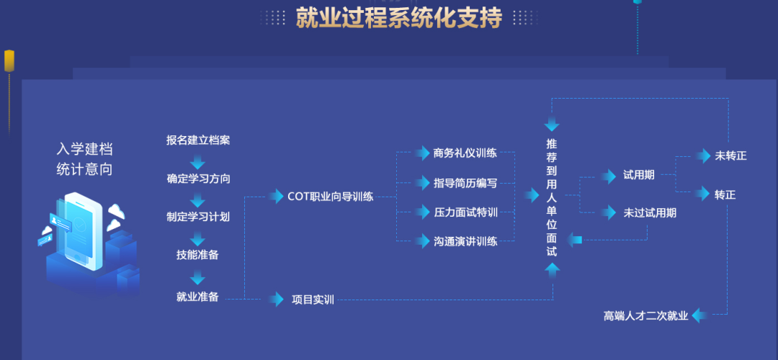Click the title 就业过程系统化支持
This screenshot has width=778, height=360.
[399, 18]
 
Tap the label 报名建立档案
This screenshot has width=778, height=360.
[198, 140]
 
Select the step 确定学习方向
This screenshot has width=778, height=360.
[198, 179]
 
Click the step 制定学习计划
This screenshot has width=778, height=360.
[198, 217]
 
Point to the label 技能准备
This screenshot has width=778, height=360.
[197, 255]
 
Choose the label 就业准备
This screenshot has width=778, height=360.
[197, 297]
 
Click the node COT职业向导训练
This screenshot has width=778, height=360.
[331, 197]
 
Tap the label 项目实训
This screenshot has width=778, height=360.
[313, 300]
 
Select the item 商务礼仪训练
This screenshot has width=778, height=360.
[465, 153]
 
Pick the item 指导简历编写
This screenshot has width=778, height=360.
[465, 183]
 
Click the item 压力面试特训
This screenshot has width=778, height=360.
[465, 212]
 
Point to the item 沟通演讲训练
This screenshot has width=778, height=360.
[465, 242]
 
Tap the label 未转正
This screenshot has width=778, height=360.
[730, 156]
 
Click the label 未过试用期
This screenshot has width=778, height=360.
[650, 213]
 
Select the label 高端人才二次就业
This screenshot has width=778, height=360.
[646, 316]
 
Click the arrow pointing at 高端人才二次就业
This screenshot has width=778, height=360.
[700, 315]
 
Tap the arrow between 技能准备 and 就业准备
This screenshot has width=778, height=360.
[197, 276]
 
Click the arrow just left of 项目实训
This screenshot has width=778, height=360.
[276, 299]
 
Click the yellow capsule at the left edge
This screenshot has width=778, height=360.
[9, 60]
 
